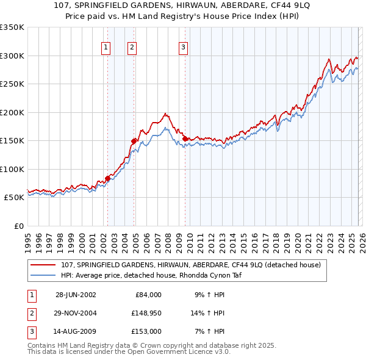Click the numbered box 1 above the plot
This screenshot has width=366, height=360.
click(x=106, y=46)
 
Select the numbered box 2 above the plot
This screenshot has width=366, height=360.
click(x=132, y=46)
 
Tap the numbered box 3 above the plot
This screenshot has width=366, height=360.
click(x=183, y=46)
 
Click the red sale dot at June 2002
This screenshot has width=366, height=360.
click(x=108, y=178)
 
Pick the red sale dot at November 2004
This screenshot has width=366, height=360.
click(x=134, y=141)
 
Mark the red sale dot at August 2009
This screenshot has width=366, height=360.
click(x=185, y=139)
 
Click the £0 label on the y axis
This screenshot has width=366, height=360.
click(x=18, y=226)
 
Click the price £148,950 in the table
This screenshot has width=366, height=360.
click(x=145, y=313)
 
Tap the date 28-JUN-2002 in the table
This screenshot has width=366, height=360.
click(x=76, y=295)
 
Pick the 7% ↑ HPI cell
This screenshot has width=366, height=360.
click(x=209, y=331)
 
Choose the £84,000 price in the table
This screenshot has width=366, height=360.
click(x=147, y=295)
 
